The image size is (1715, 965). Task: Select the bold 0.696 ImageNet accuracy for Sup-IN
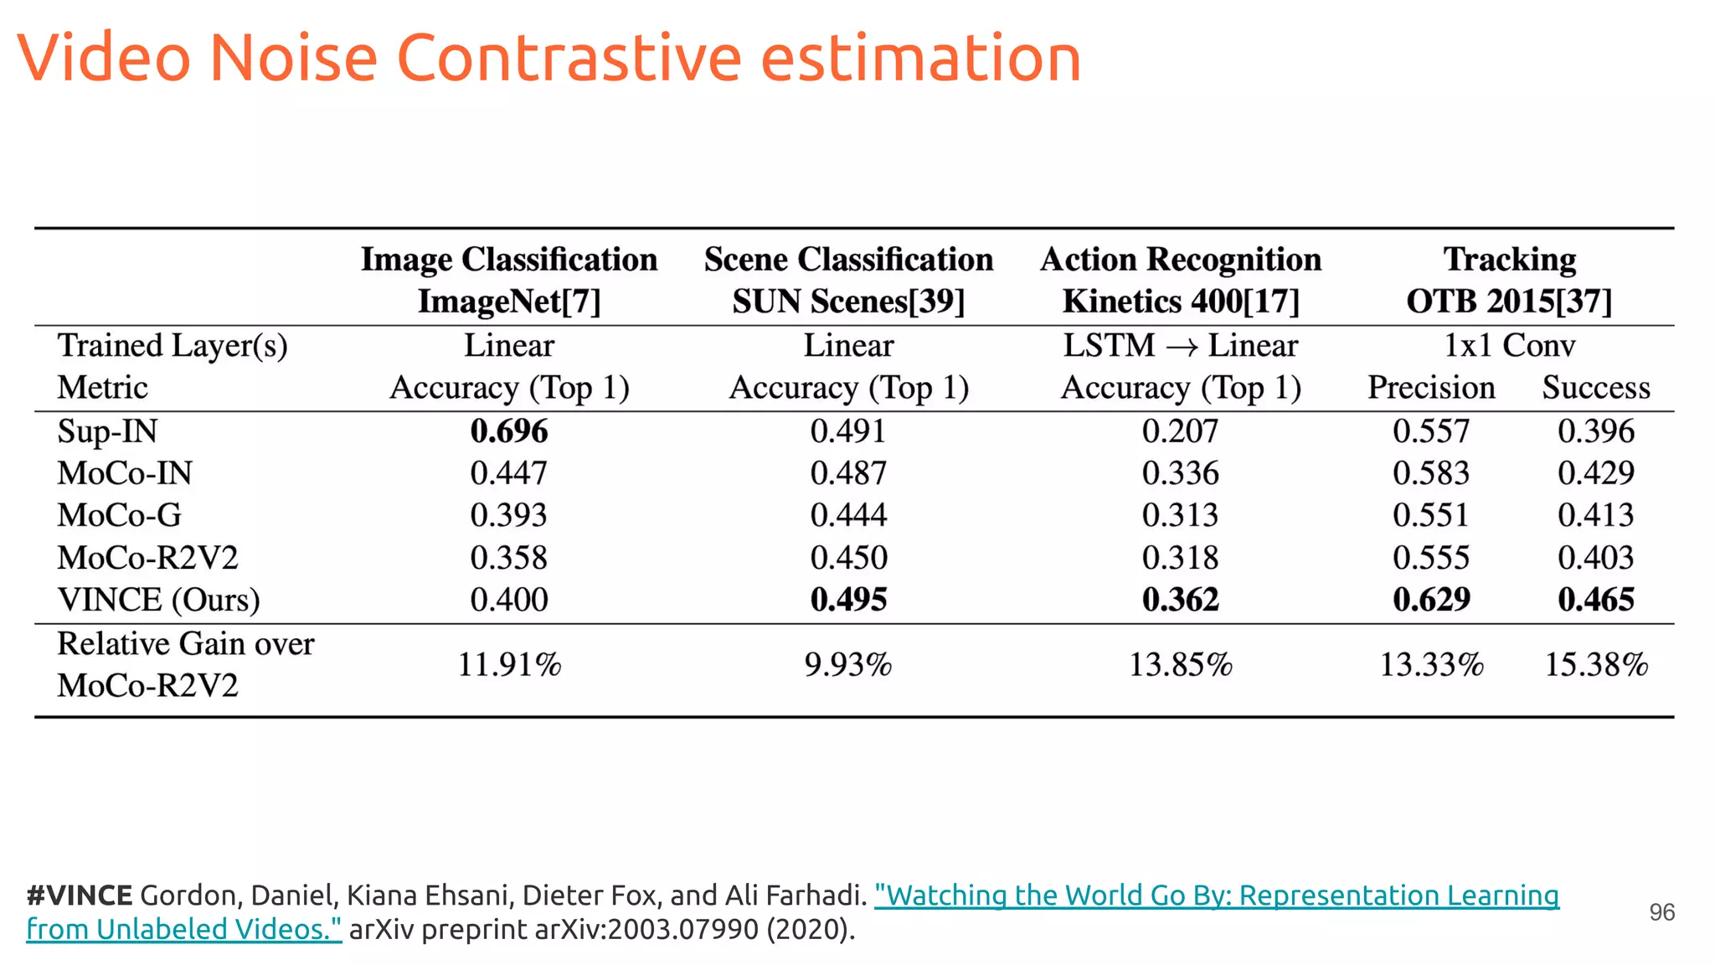click(x=508, y=431)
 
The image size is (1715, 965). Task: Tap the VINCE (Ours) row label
click(x=158, y=600)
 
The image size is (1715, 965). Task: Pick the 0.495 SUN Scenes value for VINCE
click(x=847, y=600)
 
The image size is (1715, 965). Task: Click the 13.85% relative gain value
click(x=1180, y=665)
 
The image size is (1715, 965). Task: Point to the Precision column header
click(x=1430, y=388)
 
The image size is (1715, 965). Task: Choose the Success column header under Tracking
click(x=1595, y=388)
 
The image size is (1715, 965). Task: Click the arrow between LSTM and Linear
click(x=1181, y=347)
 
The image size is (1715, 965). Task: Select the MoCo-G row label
click(x=119, y=515)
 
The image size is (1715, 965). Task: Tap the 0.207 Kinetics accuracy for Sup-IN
click(x=1180, y=431)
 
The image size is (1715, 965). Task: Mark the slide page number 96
click(x=1661, y=912)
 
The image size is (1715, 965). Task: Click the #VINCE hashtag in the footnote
click(x=79, y=895)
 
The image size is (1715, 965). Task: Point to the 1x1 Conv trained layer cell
click(x=1509, y=346)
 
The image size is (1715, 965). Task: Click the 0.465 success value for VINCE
click(x=1595, y=600)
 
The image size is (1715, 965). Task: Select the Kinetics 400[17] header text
click(x=1180, y=302)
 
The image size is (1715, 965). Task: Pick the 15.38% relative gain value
click(x=1595, y=665)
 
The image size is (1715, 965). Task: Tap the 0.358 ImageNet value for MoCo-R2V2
click(x=508, y=558)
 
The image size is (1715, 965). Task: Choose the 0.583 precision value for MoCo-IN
click(x=1430, y=473)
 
